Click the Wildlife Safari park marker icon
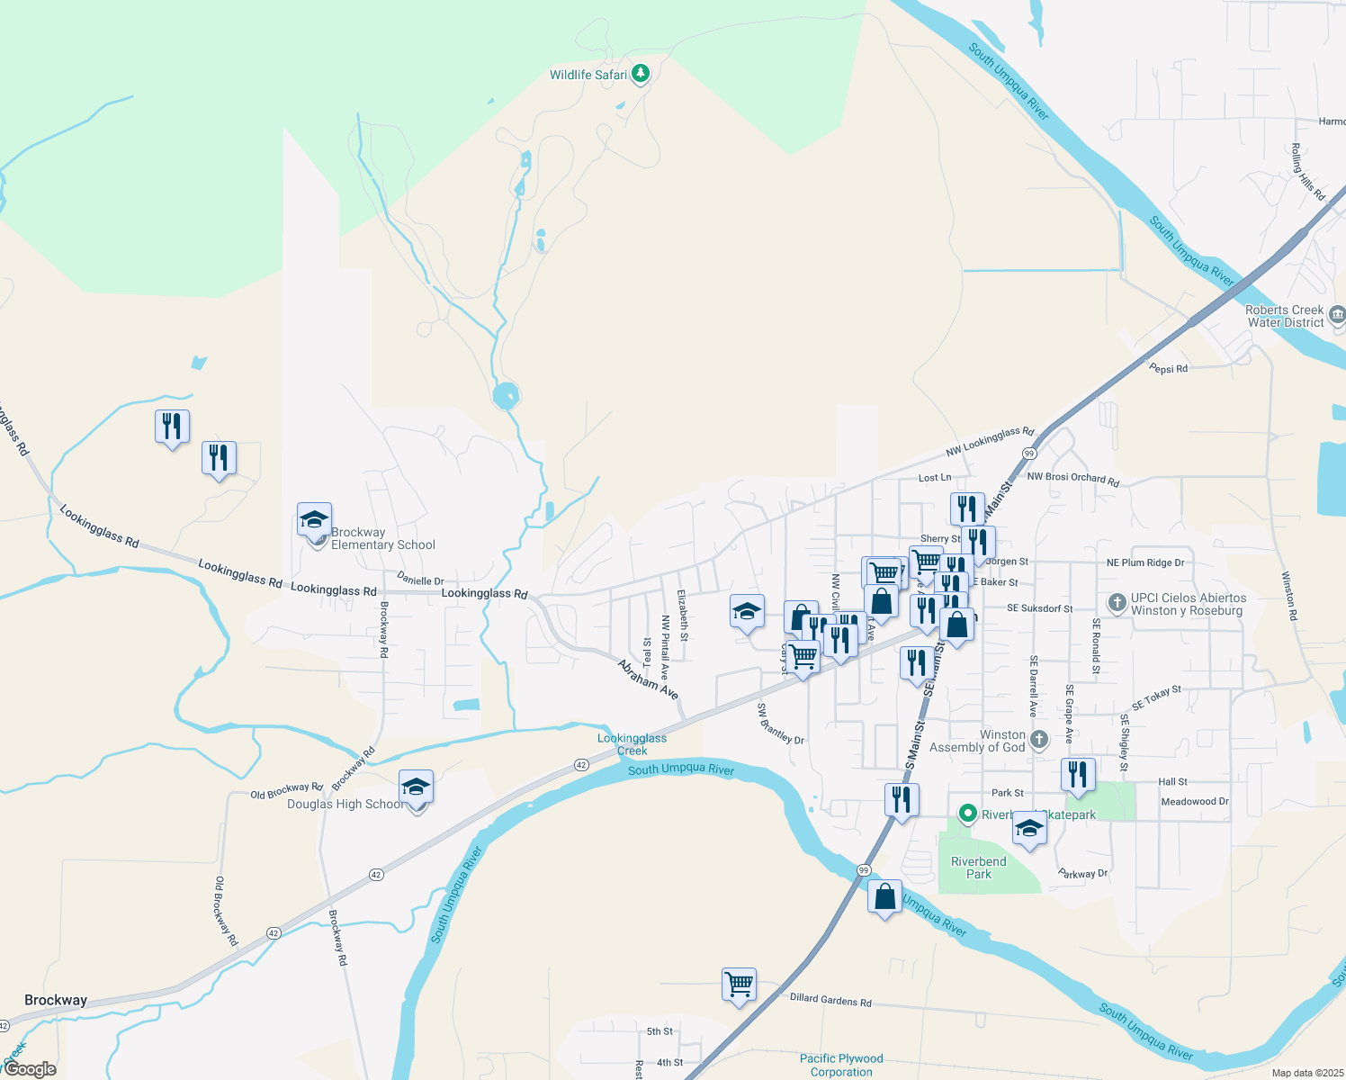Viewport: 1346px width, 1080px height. [641, 74]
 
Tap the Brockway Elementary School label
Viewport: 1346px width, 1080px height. [382, 538]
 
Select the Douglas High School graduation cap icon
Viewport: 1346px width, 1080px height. [416, 788]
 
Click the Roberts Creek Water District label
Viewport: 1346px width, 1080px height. [1285, 316]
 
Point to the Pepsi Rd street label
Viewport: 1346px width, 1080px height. [1168, 368]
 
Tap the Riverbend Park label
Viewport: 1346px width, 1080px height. [978, 868]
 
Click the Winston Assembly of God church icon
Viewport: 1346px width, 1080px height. [1039, 740]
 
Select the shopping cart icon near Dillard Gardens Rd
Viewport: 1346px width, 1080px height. [739, 985]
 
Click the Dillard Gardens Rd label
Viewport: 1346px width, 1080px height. [830, 1000]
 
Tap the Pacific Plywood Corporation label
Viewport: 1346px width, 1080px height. [841, 1065]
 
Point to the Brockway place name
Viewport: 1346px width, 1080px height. [56, 1000]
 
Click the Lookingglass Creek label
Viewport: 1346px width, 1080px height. [632, 744]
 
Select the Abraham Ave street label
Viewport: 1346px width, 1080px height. [648, 679]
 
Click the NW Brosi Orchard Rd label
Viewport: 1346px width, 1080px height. [1072, 479]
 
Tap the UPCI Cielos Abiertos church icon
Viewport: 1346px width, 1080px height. [1117, 602]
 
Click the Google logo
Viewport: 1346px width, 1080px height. [30, 1069]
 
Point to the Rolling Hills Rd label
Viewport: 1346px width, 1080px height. [1307, 171]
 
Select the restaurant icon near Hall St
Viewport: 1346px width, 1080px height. [1077, 775]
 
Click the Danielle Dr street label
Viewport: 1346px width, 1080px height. [420, 581]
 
